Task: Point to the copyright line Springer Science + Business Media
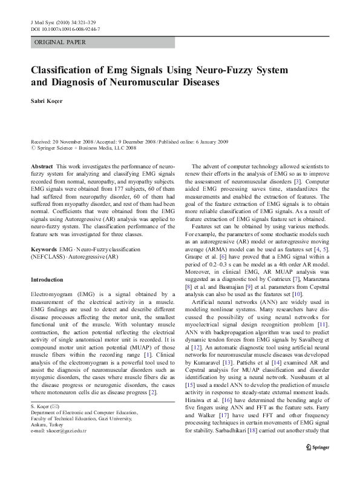[91, 147]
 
